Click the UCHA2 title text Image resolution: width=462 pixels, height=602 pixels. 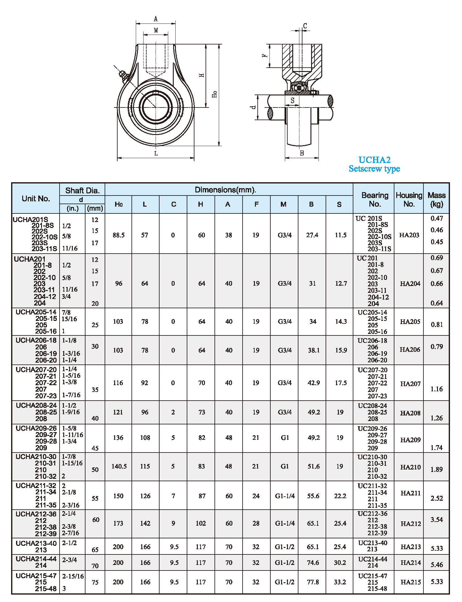(374, 160)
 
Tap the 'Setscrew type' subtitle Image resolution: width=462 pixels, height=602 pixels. (374, 169)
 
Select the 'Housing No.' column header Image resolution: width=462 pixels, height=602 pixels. (409, 199)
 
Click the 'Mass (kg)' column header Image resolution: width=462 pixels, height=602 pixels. (436, 199)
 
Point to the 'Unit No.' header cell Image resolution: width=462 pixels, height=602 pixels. (36, 199)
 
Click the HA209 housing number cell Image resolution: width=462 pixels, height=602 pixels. (410, 440)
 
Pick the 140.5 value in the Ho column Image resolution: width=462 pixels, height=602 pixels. (119, 466)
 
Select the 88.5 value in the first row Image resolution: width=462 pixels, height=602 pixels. (119, 235)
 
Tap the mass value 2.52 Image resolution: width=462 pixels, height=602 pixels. (437, 498)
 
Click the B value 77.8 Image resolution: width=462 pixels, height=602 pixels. (313, 582)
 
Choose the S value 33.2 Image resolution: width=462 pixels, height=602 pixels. (340, 582)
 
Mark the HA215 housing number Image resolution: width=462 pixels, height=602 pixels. (410, 582)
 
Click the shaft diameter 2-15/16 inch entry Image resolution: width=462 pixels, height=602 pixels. (73, 576)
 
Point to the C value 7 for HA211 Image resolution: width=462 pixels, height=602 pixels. (173, 496)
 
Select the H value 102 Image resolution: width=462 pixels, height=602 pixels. (201, 524)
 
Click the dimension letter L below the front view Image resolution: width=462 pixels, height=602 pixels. (156, 154)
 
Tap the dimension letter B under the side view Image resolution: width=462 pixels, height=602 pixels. (302, 153)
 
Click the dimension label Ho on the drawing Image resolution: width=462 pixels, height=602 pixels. (215, 94)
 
